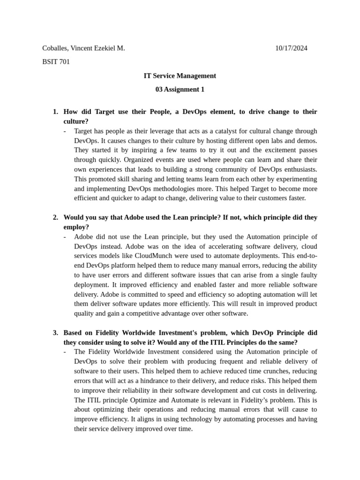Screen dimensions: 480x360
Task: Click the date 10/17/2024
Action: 292,48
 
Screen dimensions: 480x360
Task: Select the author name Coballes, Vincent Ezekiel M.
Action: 83,48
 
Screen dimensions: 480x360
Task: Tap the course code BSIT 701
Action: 56,62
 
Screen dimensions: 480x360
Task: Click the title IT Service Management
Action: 180,75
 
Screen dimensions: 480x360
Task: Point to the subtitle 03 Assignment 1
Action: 180,89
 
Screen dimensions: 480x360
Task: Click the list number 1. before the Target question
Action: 55,112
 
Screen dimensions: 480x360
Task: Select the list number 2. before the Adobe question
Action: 55,217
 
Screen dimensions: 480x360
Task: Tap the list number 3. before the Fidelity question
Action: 55,333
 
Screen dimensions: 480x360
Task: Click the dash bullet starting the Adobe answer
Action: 65,237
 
